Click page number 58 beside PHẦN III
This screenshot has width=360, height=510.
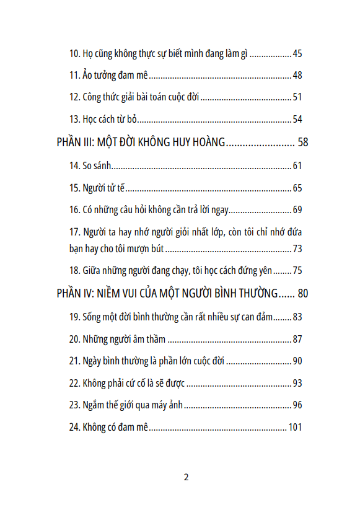tap(302, 142)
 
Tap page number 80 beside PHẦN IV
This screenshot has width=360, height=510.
tap(302, 293)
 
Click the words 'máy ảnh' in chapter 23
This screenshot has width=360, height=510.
tap(168, 405)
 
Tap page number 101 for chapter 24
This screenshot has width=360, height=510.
tap(295, 427)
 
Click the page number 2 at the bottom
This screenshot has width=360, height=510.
tap(186, 477)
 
